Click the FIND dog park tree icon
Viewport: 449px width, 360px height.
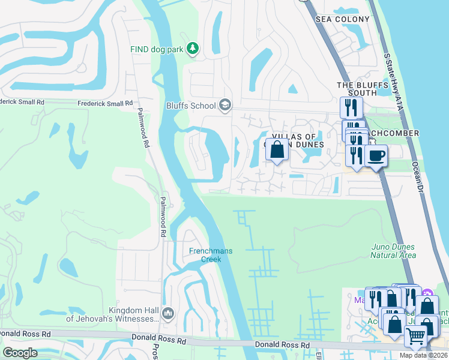tap(192, 48)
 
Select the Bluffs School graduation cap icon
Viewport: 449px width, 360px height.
tap(225, 106)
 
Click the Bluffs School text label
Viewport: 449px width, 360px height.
tap(191, 106)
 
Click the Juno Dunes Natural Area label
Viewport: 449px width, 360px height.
tap(393, 251)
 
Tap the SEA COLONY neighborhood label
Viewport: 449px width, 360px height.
tap(343, 20)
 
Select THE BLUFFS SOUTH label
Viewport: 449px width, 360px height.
tap(357, 89)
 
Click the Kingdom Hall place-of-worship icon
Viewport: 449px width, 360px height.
tap(168, 313)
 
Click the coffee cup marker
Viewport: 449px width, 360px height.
tap(376, 156)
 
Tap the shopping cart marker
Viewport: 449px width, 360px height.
tap(415, 337)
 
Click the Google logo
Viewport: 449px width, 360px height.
tap(20, 353)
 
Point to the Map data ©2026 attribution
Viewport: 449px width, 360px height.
tap(423, 355)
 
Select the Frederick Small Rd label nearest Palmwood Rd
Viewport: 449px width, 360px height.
tap(105, 104)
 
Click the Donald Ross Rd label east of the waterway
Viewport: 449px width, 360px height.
tap(282, 345)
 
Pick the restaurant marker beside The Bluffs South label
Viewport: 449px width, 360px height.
tap(351, 108)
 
